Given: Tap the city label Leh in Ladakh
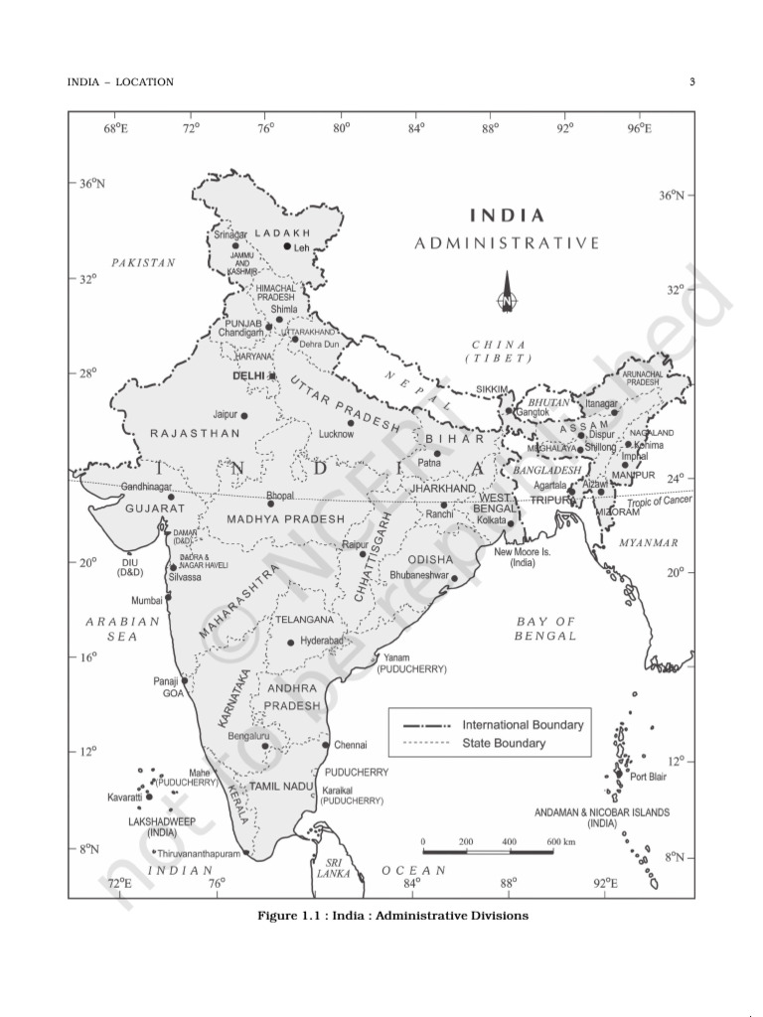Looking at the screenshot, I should click(302, 248).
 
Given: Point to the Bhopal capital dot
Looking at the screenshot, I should click(270, 504).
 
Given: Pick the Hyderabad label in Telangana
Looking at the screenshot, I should click(321, 642).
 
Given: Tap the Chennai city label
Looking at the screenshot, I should click(350, 744).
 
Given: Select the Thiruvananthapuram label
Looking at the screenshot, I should click(199, 853).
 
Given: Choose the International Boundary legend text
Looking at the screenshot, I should click(523, 725).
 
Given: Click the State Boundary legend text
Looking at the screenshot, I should click(504, 743).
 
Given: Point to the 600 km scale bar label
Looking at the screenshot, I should click(561, 842).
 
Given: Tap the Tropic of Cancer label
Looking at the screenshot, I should click(655, 501).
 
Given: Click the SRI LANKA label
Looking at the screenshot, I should click(328, 869).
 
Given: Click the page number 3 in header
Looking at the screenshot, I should click(691, 81).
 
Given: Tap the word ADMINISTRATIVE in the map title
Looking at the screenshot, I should click(507, 242).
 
